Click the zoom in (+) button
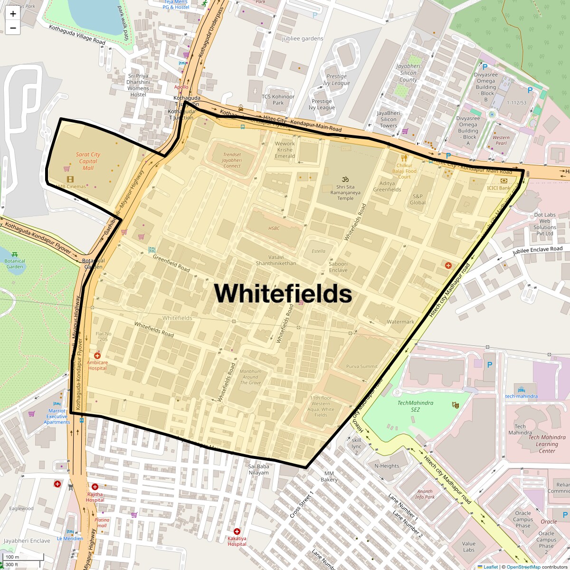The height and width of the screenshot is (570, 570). pos(13,14)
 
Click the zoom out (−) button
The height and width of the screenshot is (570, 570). pos(13,28)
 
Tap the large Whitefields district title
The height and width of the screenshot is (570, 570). pos(283,293)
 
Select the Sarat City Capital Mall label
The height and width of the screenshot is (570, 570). pos(88,161)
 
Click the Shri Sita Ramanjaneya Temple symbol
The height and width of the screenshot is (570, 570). pos(345,179)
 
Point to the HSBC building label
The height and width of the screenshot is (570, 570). pos(274,228)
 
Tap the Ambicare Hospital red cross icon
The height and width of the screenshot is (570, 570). pos(97,355)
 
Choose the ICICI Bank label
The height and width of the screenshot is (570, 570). pos(498,188)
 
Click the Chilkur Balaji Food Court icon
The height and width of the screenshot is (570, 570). pos(404,158)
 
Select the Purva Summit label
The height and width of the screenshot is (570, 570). pos(362,366)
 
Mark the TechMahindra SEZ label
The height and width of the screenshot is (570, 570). pos(415,406)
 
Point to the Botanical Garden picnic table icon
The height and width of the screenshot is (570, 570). pos(15,255)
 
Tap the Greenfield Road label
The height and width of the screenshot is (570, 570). pos(171,263)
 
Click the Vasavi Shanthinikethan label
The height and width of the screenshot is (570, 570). pos(276,260)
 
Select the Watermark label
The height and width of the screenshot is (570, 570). pos(400,322)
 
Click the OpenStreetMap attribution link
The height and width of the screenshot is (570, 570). pos(523,567)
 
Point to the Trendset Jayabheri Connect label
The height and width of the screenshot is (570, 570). pos(232,160)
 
